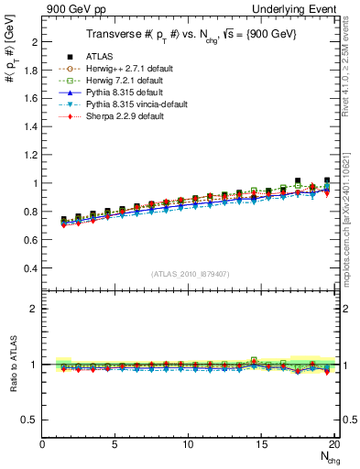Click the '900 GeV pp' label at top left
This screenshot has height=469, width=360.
click(33, 8)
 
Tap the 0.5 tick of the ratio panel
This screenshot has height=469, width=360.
click(29, 420)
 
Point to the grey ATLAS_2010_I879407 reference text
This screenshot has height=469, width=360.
click(190, 274)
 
